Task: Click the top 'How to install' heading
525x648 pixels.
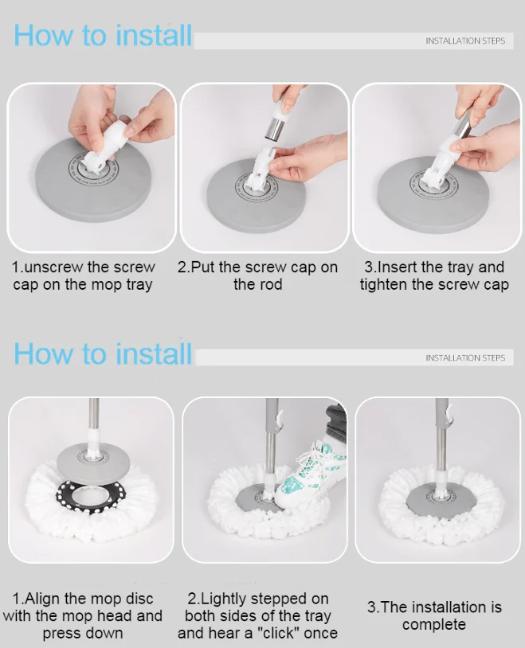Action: [103, 36]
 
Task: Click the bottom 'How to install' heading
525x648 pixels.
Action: [103, 353]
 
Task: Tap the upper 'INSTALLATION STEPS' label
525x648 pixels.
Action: [464, 41]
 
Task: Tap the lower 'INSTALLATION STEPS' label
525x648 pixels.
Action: [464, 358]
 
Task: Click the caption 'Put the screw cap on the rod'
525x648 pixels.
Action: [257, 275]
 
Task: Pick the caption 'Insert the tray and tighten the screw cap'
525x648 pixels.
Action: [434, 275]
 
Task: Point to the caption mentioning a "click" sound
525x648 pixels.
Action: [257, 615]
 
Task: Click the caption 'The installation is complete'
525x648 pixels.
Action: [434, 615]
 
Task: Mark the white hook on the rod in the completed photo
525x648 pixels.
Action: [449, 414]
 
